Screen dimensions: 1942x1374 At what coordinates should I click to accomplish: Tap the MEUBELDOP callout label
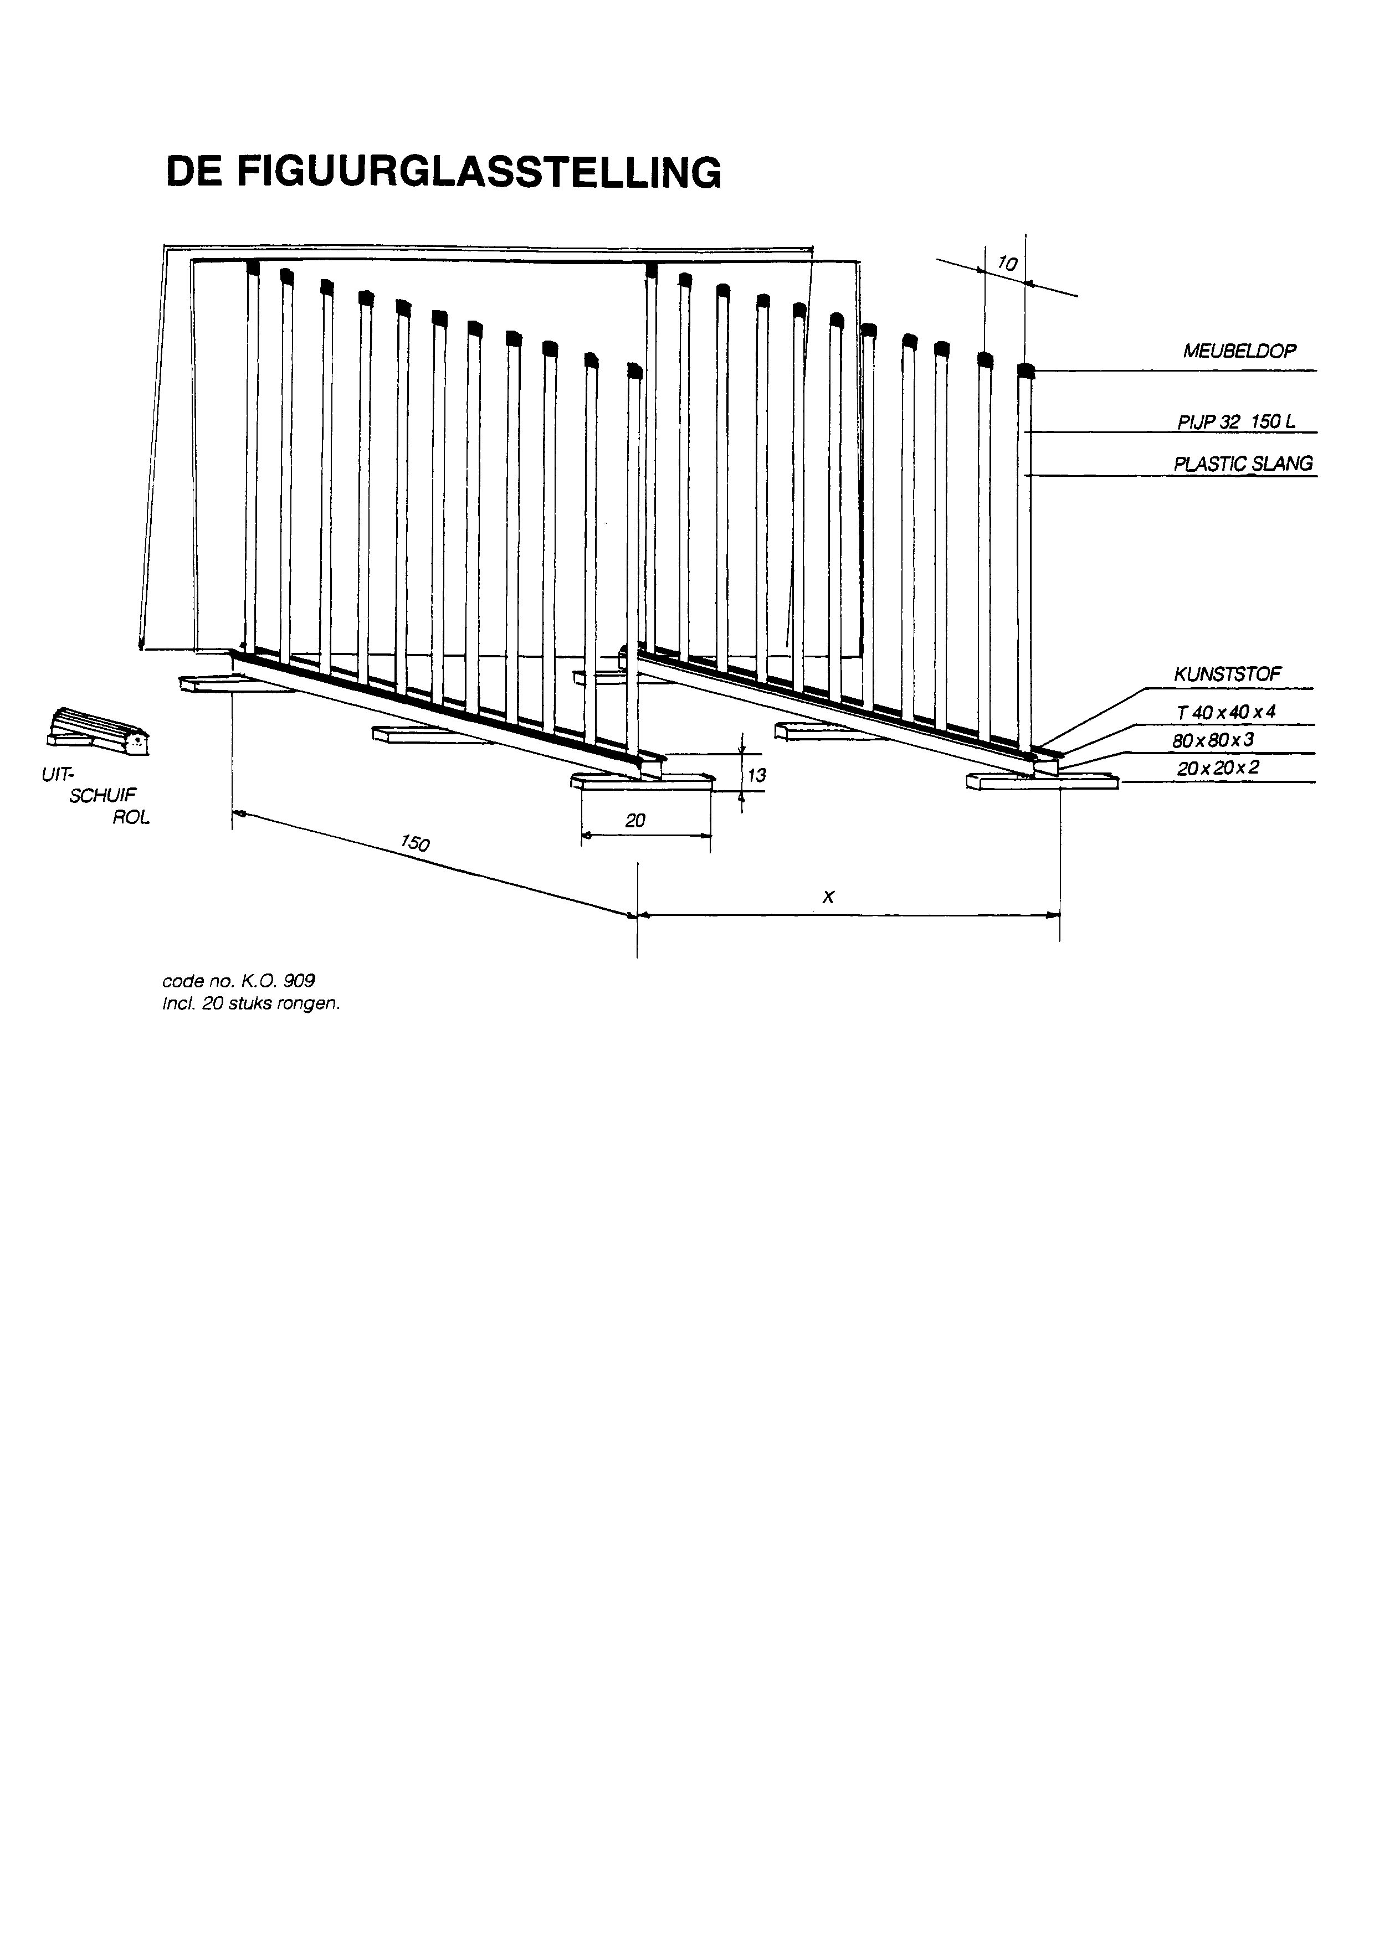click(x=1239, y=351)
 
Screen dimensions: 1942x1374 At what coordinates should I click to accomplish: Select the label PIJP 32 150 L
click(x=1236, y=421)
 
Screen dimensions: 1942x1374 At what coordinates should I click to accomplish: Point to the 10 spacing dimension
click(x=1007, y=264)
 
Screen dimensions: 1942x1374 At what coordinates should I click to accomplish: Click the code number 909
click(x=300, y=981)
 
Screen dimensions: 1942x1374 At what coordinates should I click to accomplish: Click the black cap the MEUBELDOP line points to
click(x=1026, y=370)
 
